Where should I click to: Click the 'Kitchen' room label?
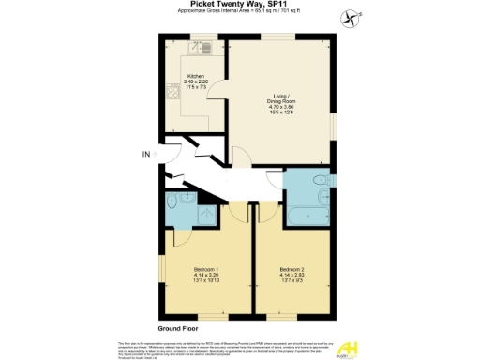pyautogui.click(x=196, y=75)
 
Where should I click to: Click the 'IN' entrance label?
pyautogui.click(x=145, y=154)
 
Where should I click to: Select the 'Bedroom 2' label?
pyautogui.click(x=292, y=270)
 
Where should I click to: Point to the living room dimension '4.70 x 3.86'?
pyautogui.click(x=282, y=109)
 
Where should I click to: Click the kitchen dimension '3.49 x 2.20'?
pyautogui.click(x=196, y=82)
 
